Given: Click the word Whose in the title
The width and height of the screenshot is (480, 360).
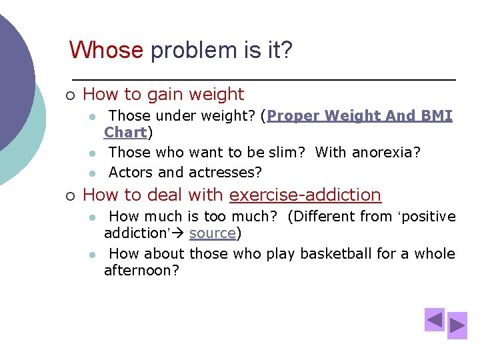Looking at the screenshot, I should [x=106, y=50].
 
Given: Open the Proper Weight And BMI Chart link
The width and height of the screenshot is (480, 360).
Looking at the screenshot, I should [x=359, y=116].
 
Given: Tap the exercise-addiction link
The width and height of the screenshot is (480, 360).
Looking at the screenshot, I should [x=305, y=195].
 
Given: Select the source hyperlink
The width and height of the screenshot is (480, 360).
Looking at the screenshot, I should [x=212, y=233].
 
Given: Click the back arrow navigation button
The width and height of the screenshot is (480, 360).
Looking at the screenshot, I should [x=435, y=320].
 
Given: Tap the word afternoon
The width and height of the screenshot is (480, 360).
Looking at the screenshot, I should [x=141, y=271].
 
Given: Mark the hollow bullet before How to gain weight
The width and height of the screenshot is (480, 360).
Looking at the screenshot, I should [x=69, y=95].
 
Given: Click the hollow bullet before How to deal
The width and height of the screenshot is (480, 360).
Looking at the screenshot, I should [x=69, y=195].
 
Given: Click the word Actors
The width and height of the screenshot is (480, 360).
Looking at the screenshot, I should [x=131, y=173].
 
